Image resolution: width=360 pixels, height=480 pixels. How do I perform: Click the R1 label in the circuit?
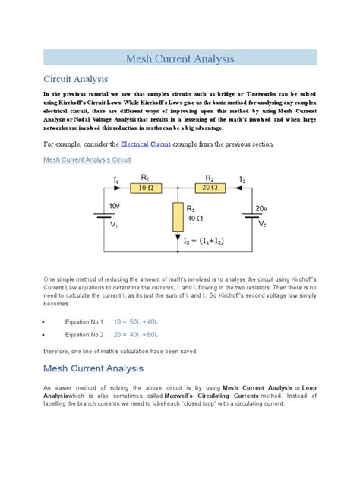pos(145,177)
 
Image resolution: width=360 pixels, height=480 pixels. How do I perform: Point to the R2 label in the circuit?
pos(210,177)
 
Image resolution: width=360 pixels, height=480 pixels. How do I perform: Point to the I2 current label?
pos(242,179)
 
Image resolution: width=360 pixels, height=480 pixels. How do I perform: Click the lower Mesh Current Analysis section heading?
pos(93,368)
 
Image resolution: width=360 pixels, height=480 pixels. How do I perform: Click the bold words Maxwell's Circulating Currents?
pos(207,396)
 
